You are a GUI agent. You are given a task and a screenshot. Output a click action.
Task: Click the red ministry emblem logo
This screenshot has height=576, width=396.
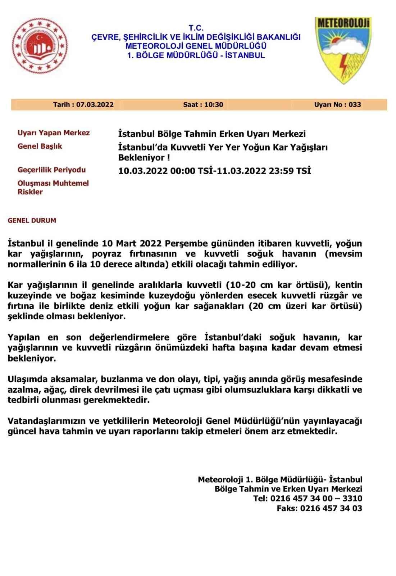[x=40, y=46]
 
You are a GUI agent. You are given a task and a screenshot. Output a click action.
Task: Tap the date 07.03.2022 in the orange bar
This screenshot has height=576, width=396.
[x=95, y=105]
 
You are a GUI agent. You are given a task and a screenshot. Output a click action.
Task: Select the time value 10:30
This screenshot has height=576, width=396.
[x=213, y=105]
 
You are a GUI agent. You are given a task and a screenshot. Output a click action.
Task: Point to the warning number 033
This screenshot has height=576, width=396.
[x=355, y=105]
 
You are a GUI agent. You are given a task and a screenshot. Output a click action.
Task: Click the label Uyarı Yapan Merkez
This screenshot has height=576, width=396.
[x=54, y=133]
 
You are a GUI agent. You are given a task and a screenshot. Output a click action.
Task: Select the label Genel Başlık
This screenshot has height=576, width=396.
[x=40, y=146]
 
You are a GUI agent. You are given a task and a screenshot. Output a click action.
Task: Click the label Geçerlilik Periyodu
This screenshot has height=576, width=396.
[x=52, y=170]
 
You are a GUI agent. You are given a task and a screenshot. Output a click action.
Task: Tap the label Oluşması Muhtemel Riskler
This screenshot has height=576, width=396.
[x=53, y=187]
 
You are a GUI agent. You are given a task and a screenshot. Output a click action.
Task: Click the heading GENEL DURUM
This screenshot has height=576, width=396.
[x=32, y=220]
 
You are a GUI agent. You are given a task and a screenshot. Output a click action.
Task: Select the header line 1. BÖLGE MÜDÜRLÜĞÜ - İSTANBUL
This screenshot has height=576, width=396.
[x=196, y=55]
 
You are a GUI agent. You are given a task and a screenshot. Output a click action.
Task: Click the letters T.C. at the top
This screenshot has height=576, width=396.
[x=196, y=28]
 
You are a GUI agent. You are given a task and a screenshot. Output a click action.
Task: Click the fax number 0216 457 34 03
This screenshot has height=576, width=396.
[x=331, y=508]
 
